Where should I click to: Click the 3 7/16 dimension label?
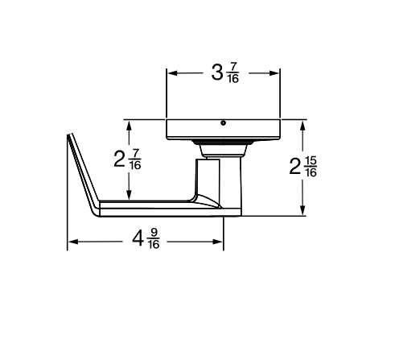click(224, 72)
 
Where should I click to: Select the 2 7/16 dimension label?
click(127, 159)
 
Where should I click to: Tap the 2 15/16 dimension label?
click(302, 168)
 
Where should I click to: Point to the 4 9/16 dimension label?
click(146, 240)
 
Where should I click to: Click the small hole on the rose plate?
click(223, 124)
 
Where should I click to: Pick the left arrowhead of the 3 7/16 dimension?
click(171, 72)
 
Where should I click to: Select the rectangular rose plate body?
click(223, 130)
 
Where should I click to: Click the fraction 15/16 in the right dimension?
click(311, 168)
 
